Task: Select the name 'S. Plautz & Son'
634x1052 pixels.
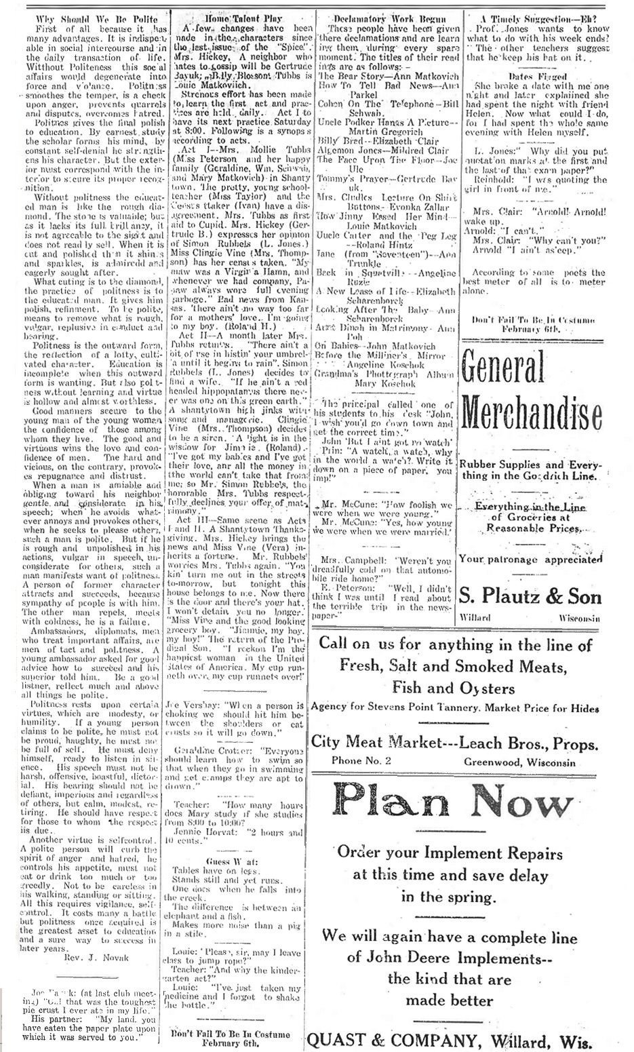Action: [x=530, y=597]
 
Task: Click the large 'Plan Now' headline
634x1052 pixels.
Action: [x=454, y=802]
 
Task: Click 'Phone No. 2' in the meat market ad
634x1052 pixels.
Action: [x=361, y=761]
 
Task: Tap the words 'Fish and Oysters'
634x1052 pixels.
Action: [x=454, y=687]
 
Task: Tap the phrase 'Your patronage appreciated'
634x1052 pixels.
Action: [x=530, y=560]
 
